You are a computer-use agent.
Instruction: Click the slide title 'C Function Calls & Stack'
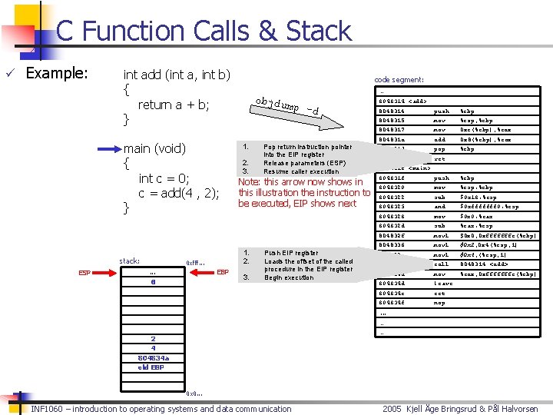[204, 31]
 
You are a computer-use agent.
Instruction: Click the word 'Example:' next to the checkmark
[57, 74]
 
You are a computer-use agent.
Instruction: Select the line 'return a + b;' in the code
[174, 105]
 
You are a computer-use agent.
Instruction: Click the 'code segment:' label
[399, 79]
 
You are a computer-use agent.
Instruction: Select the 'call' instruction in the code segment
[441, 264]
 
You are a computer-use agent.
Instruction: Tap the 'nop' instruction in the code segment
[439, 303]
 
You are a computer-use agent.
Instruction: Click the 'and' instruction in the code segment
[439, 207]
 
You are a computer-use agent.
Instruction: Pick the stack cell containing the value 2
[153, 338]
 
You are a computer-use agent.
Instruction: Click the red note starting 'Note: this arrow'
[304, 193]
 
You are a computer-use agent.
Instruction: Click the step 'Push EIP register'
[291, 253]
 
